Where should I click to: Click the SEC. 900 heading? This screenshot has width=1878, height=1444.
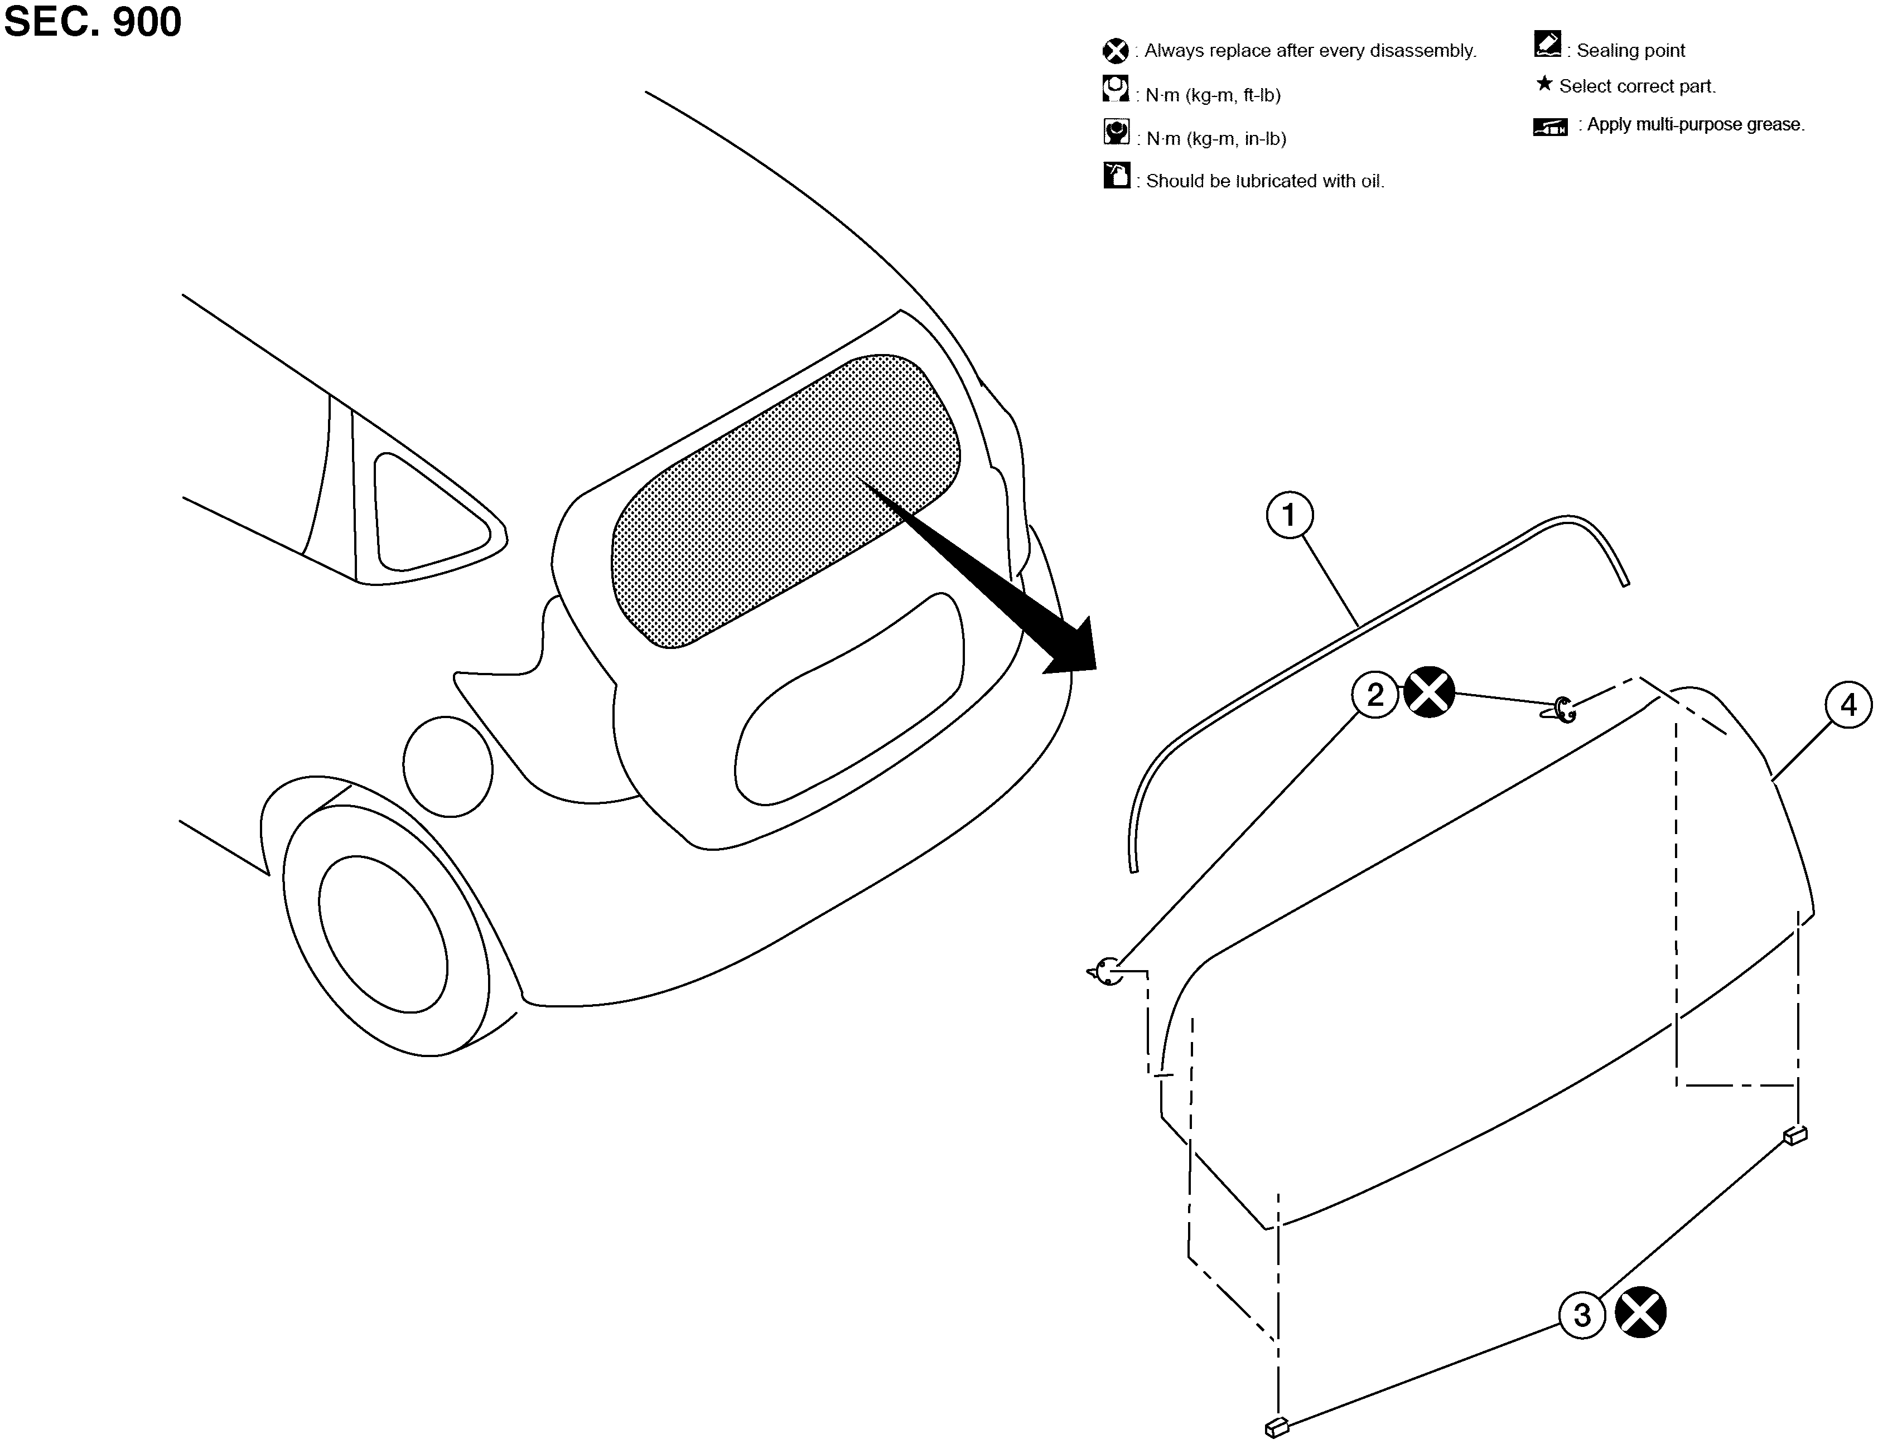[x=93, y=22]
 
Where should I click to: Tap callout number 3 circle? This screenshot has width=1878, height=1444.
[x=1582, y=1315]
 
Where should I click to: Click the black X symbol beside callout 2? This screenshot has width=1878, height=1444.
[x=1429, y=692]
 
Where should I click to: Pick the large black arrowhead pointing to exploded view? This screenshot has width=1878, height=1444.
[x=1070, y=649]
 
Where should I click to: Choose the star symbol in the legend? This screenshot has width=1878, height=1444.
[x=1544, y=84]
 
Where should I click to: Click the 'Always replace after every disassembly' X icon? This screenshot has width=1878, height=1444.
[x=1116, y=51]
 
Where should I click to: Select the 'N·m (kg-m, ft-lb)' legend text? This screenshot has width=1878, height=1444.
[x=1213, y=95]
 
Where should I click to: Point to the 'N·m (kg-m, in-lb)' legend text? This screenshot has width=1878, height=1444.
[x=1216, y=138]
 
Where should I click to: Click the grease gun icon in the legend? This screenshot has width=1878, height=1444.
[x=1549, y=127]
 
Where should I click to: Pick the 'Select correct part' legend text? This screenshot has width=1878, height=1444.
[x=1637, y=86]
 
